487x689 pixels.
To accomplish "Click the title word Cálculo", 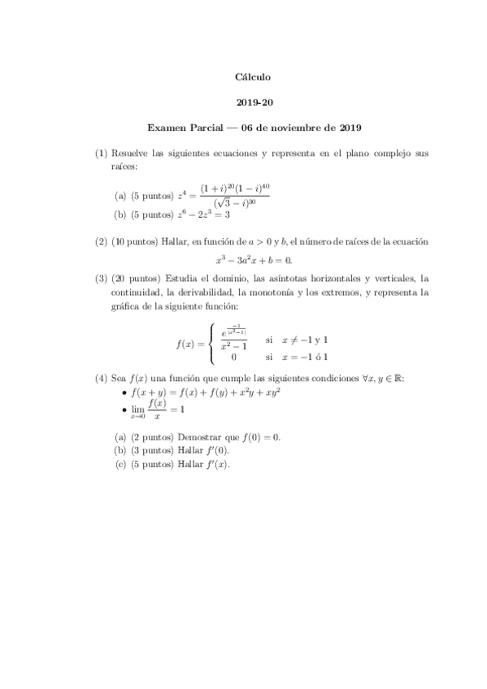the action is tap(252, 77).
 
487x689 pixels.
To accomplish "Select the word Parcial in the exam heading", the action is tap(208, 128).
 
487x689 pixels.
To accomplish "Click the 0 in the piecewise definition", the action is tap(233, 357).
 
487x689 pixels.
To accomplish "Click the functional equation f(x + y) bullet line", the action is tap(205, 392).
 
